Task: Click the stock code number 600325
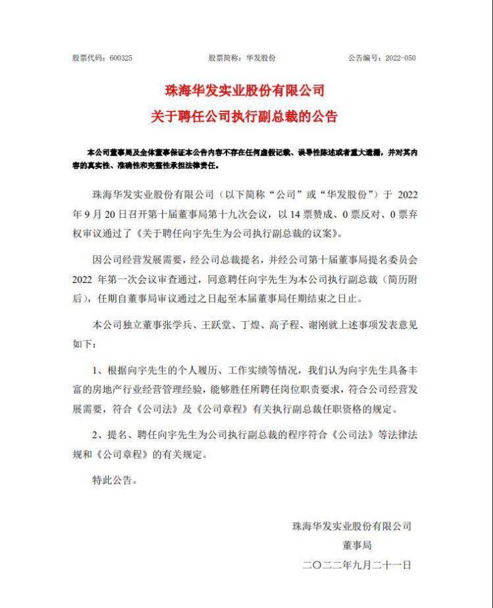pyautogui.click(x=121, y=58)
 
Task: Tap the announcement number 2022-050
pyautogui.click(x=400, y=58)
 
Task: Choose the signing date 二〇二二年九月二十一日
pyautogui.click(x=357, y=565)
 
